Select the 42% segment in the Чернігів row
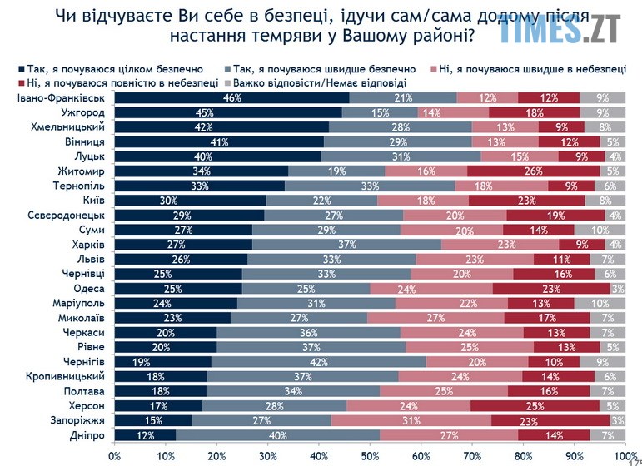pyautogui.click(x=319, y=362)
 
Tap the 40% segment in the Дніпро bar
pyautogui.click(x=278, y=434)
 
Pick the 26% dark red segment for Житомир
pyautogui.click(x=533, y=171)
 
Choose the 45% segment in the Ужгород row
pyautogui.click(x=229, y=113)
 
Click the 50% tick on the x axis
pyautogui.click(x=370, y=455)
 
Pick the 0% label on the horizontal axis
pyautogui.click(x=115, y=455)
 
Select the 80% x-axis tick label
pyautogui.click(x=523, y=455)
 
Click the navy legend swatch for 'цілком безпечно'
pyautogui.click(x=21, y=68)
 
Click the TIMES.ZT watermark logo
pyautogui.click(x=560, y=30)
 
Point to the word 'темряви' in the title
pyautogui.click(x=284, y=37)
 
